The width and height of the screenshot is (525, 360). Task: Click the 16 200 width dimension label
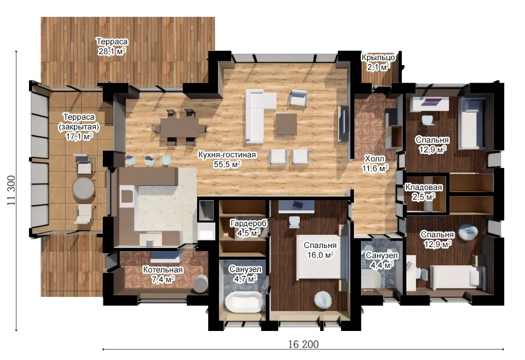pos(303,344)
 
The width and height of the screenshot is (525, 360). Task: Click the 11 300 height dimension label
pos(11,190)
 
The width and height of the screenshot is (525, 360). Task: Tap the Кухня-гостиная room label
pos(227,155)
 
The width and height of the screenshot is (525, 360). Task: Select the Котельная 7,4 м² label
pos(163,274)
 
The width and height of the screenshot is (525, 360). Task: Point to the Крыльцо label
pos(378,57)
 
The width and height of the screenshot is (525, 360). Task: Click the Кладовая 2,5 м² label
pos(424,192)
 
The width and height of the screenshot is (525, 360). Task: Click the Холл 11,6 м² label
pos(375,163)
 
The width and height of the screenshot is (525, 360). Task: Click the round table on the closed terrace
pos(84,188)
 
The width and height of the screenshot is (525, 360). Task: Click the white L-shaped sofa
pos(260,116)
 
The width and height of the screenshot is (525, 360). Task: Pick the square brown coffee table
pos(286,124)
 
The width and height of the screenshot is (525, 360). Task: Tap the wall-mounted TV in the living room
pos(343,124)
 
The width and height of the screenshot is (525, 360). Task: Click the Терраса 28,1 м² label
pos(112,46)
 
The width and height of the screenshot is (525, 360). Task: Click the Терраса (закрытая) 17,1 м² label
pos(79,127)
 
